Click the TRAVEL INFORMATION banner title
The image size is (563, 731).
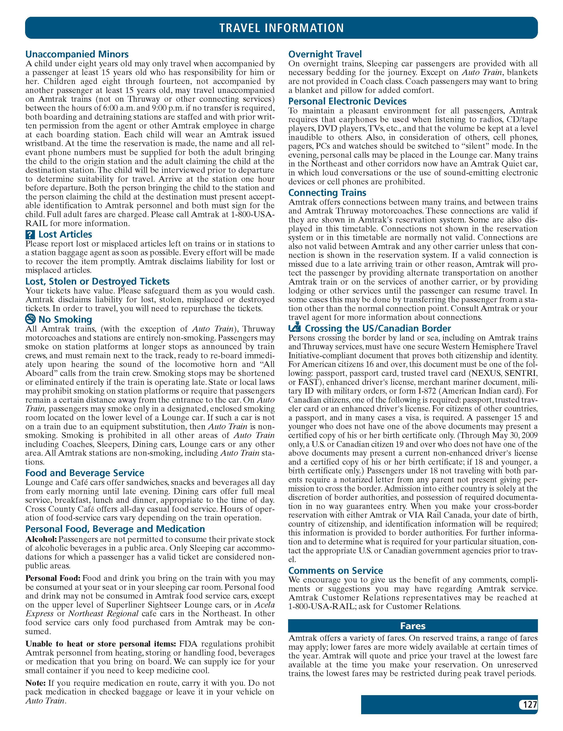click(281, 28)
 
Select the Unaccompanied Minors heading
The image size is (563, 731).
click(77, 54)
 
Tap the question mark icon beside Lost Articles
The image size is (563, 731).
click(30, 235)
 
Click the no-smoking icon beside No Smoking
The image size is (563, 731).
click(30, 319)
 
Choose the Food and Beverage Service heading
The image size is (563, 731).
click(85, 473)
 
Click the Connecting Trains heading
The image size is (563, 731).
click(327, 193)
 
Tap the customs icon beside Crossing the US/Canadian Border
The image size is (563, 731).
click(294, 328)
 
